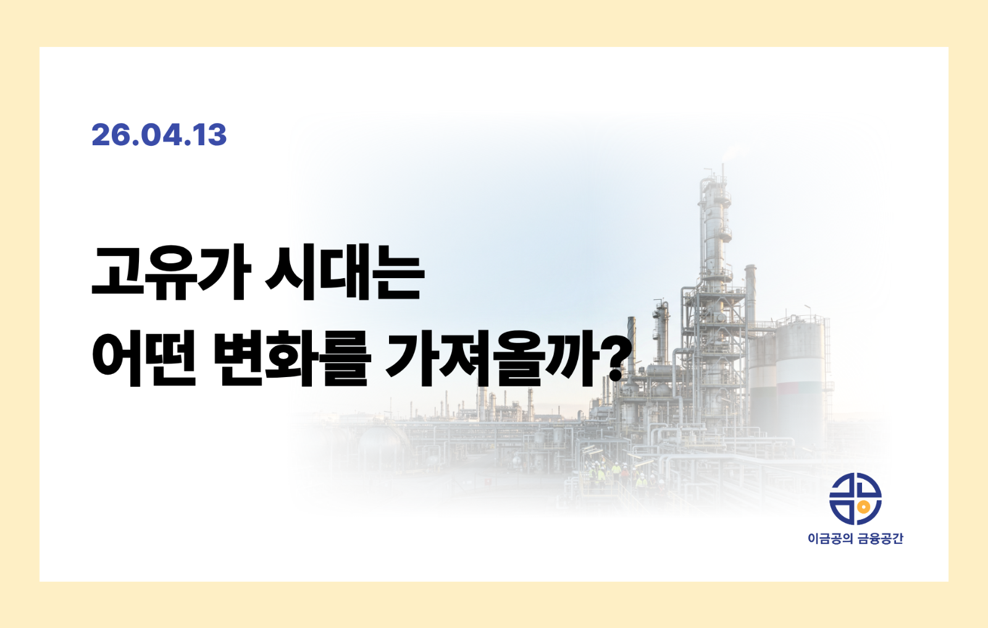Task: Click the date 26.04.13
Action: pos(159,135)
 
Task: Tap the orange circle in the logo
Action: pos(865,507)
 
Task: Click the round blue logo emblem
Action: pos(855,499)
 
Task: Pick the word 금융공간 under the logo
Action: pos(881,539)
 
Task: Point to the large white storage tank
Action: pos(800,365)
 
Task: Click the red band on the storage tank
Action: pos(800,387)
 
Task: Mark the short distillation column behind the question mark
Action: pos(661,331)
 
